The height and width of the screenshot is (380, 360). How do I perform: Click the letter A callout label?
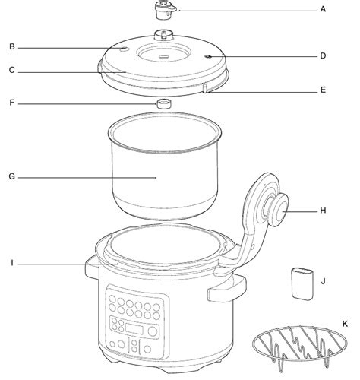tap(323, 9)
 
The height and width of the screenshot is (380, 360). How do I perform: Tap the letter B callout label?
tap(12, 47)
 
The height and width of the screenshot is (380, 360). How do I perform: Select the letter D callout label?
tap(323, 55)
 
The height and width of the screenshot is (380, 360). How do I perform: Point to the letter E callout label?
tap(323, 90)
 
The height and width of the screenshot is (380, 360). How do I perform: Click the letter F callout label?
tap(12, 103)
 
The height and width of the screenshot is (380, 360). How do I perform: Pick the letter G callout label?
tap(12, 176)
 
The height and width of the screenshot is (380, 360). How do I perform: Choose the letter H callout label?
tap(323, 211)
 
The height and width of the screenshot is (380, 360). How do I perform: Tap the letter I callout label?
tap(12, 263)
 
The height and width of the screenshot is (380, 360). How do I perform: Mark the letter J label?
tap(323, 281)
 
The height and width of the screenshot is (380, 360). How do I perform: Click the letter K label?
tap(345, 324)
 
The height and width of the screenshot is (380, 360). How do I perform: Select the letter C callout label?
tap(12, 70)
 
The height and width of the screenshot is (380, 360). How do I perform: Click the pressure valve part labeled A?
tap(165, 10)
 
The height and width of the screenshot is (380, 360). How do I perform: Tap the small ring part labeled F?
tap(164, 104)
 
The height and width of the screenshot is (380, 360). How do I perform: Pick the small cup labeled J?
tap(302, 283)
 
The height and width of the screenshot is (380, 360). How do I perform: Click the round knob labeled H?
tap(279, 210)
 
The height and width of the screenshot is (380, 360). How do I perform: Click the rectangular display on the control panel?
tap(134, 329)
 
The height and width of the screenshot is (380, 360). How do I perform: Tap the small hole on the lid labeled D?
tap(208, 56)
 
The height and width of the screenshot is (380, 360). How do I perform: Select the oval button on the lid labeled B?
tap(124, 49)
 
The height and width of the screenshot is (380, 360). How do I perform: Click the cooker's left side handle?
tap(92, 268)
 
